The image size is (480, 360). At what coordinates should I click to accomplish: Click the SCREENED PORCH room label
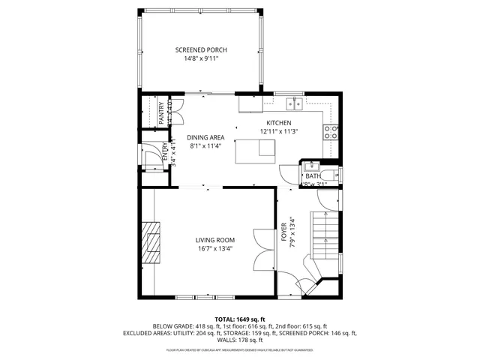click(x=201, y=50)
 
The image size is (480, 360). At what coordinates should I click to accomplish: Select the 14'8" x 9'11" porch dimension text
click(x=201, y=60)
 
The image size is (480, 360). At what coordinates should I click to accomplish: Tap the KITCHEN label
click(x=279, y=123)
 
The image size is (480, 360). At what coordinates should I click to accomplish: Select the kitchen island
click(x=255, y=151)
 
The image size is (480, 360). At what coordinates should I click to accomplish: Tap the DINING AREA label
click(x=205, y=137)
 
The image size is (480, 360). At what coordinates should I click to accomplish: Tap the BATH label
click(x=313, y=176)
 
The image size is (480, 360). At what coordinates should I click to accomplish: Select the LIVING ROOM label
click(x=216, y=240)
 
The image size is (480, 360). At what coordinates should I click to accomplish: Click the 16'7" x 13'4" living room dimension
click(x=216, y=249)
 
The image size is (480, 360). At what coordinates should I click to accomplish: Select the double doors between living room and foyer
click(x=263, y=247)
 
